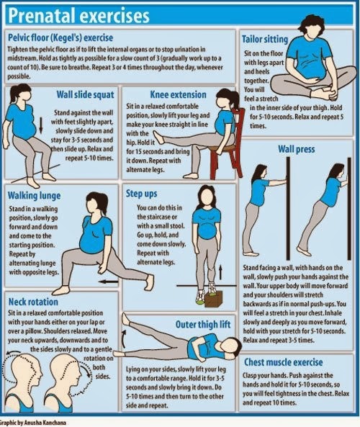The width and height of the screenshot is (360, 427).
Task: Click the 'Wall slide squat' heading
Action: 83,94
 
